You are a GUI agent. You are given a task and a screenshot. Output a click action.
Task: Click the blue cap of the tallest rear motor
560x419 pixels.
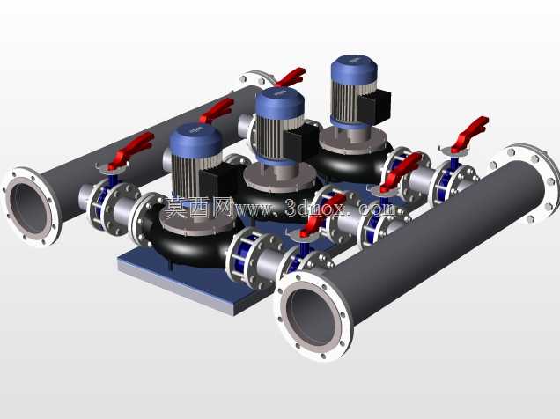354,70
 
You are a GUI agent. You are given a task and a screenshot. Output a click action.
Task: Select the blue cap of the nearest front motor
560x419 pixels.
195,140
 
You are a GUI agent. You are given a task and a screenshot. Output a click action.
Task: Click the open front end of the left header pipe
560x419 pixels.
30,206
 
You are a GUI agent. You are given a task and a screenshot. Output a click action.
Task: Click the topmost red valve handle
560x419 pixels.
291,77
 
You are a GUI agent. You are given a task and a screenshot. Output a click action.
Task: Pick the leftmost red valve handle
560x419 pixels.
130,151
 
